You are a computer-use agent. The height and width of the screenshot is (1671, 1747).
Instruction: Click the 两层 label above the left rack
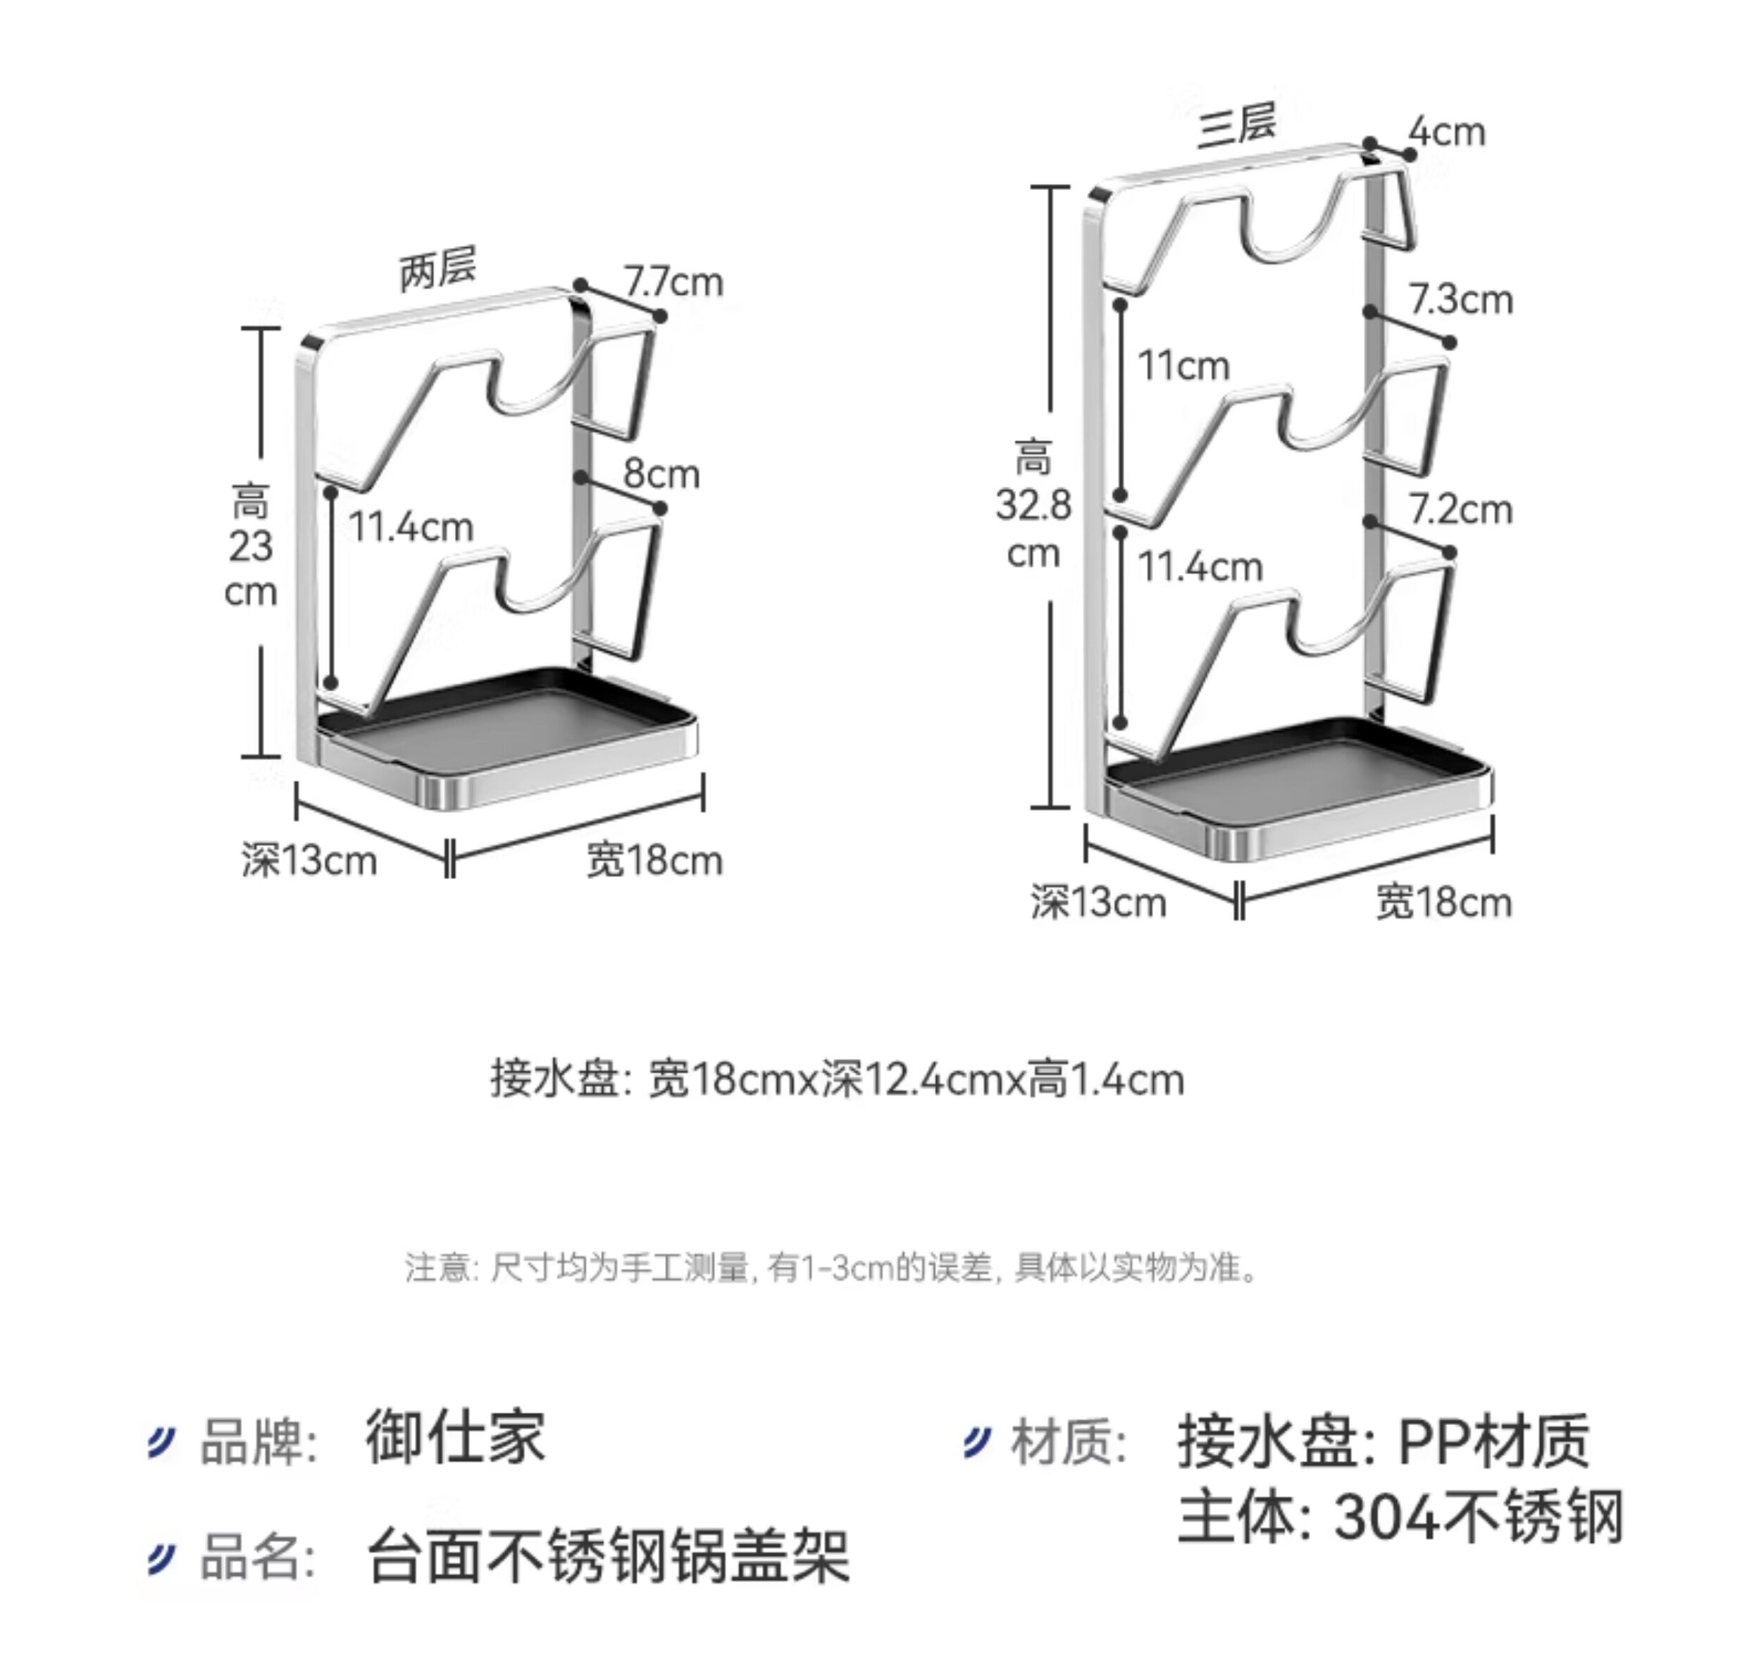pos(437,267)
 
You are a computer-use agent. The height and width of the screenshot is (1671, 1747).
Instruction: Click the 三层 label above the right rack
pos(1236,125)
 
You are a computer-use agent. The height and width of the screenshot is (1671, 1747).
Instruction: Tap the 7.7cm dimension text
pos(673,282)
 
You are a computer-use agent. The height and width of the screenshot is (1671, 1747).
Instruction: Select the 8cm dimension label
pos(661,473)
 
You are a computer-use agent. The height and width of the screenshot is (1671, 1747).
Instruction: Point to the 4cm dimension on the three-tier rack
pos(1447,132)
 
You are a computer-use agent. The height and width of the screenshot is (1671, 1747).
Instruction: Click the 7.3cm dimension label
pos(1460,299)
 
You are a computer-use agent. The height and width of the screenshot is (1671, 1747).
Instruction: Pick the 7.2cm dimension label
pos(1460,509)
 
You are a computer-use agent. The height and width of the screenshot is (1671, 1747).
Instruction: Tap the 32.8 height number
pos(1033,505)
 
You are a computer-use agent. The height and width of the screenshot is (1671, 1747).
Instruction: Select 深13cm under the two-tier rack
pos(309,860)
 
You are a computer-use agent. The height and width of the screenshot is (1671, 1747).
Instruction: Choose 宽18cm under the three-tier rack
pos(1443,902)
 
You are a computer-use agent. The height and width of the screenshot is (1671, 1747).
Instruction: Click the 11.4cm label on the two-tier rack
pos(411,526)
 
